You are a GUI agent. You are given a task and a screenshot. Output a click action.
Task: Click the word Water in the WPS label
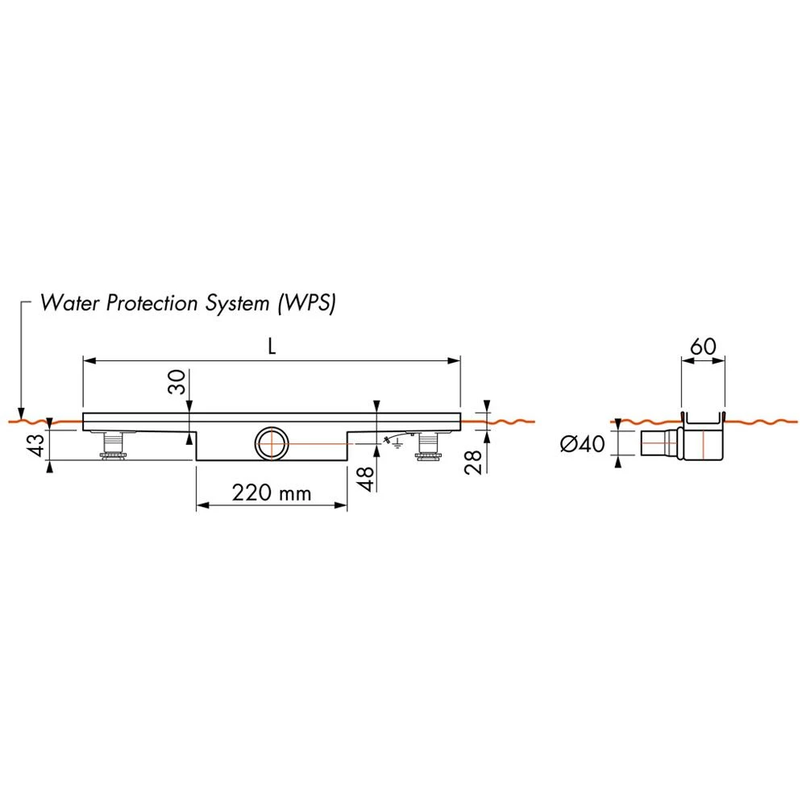tap(69, 303)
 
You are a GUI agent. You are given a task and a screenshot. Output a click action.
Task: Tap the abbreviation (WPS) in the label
tap(307, 303)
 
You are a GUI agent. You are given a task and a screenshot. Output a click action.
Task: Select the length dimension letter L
tap(272, 347)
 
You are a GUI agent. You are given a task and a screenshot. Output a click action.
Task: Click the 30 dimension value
tap(177, 382)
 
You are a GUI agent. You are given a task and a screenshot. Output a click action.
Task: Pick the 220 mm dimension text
tap(272, 493)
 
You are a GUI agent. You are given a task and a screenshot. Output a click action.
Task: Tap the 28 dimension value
tap(472, 462)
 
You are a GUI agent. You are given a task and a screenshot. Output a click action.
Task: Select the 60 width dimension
tap(703, 347)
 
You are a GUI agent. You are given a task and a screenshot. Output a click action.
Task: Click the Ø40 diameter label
tap(583, 443)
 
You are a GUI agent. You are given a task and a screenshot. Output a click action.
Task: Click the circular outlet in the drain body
tap(272, 443)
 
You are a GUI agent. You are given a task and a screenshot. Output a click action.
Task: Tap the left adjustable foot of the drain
tap(113, 445)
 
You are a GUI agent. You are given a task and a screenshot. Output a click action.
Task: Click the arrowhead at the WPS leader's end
tap(21, 413)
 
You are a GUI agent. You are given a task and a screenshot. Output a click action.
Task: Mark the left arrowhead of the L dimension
tap(89, 361)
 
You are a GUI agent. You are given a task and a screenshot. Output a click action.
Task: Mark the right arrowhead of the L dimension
tap(454, 361)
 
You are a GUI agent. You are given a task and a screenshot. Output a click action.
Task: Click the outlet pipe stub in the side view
tap(660, 443)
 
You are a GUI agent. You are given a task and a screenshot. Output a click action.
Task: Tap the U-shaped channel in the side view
tap(703, 422)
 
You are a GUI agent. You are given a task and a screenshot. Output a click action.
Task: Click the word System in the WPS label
tap(238, 303)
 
